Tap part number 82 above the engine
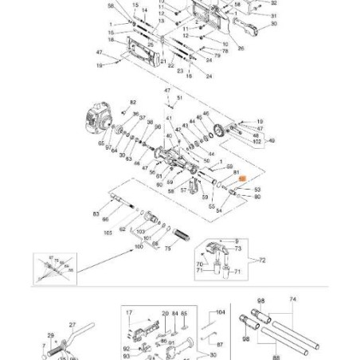(x=133, y=103)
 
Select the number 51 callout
(x=180, y=97)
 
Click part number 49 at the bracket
(x=272, y=141)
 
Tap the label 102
(x=257, y=141)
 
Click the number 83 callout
(x=96, y=214)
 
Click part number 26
(x=241, y=47)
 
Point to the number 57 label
(x=183, y=191)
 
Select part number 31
(x=273, y=15)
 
